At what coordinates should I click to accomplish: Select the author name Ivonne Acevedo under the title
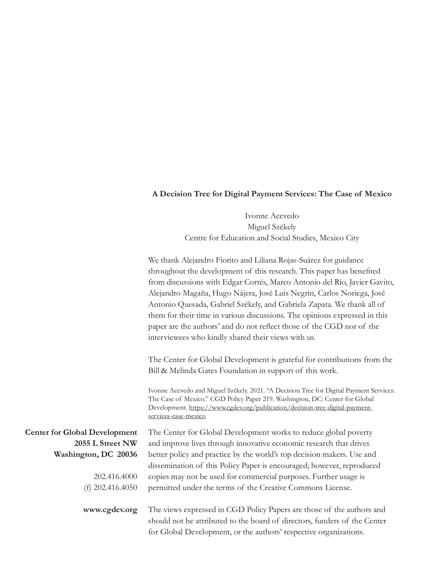point(272,216)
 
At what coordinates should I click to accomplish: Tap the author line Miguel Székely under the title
point(272,227)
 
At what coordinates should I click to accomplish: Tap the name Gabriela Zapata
point(305,304)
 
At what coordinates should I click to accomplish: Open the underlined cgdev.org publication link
point(280,408)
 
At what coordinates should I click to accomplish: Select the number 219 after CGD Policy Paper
point(266,399)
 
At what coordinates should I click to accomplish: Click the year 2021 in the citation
point(257,391)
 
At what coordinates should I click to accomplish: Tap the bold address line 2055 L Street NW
point(106,443)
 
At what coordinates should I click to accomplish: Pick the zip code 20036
point(127,454)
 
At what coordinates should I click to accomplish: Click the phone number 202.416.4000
point(115,476)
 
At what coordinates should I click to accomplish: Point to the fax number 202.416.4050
point(115,487)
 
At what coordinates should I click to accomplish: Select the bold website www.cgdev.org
point(110,510)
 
